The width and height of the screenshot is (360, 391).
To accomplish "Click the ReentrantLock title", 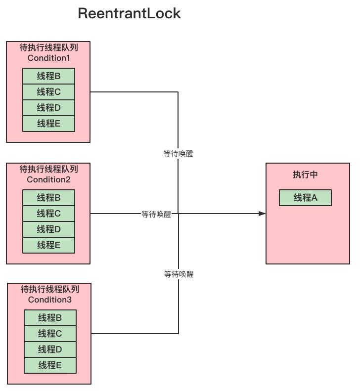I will (x=129, y=14).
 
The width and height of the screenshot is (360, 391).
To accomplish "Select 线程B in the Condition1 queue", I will (x=48, y=76).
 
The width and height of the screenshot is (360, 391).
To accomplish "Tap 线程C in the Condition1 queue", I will (x=48, y=92).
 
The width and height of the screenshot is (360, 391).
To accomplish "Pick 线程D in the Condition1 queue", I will (x=48, y=108).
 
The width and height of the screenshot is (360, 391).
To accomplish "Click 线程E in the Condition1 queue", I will (x=48, y=124).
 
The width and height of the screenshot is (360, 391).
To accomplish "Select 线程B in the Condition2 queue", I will (x=48, y=198).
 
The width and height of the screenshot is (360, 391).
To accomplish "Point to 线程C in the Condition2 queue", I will (x=48, y=214).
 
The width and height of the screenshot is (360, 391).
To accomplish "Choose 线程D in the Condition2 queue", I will (x=48, y=229).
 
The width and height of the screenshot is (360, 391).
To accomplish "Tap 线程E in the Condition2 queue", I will (x=48, y=245).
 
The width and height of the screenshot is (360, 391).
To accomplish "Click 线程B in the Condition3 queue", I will (x=50, y=318).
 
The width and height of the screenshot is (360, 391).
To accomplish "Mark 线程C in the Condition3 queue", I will (x=50, y=334).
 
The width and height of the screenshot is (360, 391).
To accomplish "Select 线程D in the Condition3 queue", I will (x=50, y=349).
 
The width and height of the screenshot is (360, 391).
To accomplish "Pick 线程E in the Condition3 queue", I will (x=50, y=365).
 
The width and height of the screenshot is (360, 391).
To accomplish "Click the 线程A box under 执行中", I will (x=305, y=198).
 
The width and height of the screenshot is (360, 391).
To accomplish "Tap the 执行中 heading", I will (x=308, y=175).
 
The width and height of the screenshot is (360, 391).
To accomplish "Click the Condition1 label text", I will (x=48, y=58).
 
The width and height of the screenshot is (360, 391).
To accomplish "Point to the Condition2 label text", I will (x=48, y=179).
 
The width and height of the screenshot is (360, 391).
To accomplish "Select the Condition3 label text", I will (x=50, y=300).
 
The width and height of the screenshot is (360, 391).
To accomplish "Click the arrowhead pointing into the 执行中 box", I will (x=262, y=214).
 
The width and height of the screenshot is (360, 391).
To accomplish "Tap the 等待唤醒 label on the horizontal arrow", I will (x=156, y=215).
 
